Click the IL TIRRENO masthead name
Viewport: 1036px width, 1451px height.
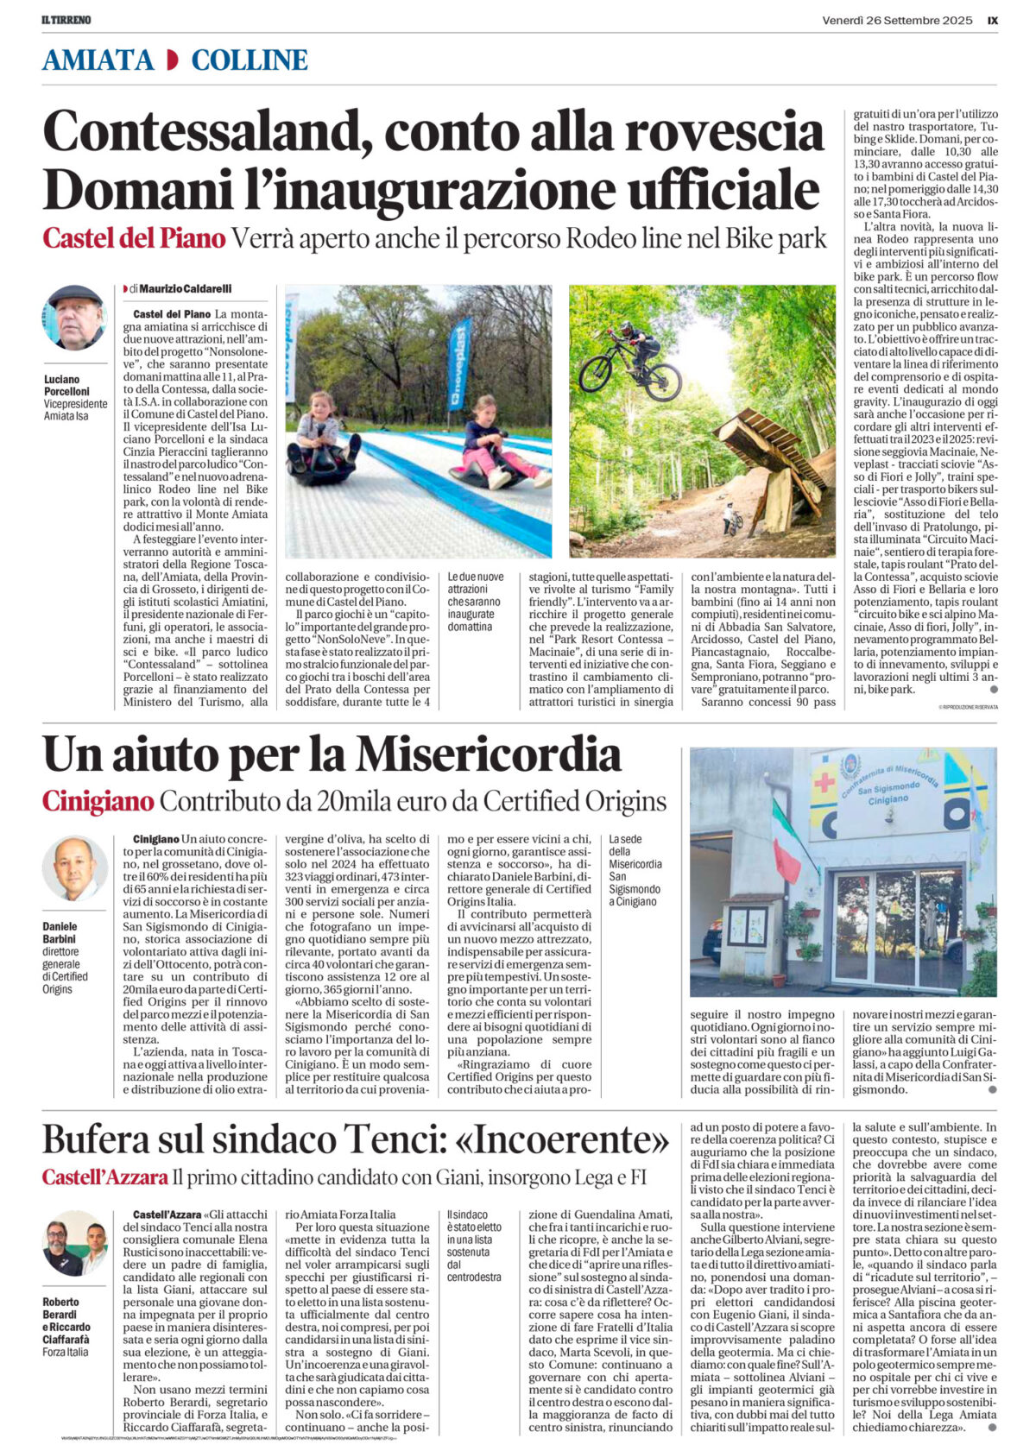point(66,20)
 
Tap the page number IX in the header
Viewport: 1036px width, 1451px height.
point(992,20)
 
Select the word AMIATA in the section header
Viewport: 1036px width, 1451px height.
point(98,60)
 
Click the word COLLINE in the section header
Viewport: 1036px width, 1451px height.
point(249,60)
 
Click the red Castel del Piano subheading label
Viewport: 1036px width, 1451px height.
point(134,238)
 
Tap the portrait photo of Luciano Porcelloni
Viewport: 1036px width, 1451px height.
point(74,318)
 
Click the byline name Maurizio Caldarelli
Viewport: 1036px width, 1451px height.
point(185,288)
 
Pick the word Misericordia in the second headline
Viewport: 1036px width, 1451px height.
point(489,755)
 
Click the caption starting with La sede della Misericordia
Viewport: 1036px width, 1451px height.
point(635,870)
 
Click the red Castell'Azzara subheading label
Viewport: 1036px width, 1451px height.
point(104,1177)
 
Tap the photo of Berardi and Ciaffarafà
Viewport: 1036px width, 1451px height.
point(74,1247)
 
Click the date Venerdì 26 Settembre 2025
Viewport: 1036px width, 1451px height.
point(897,20)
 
